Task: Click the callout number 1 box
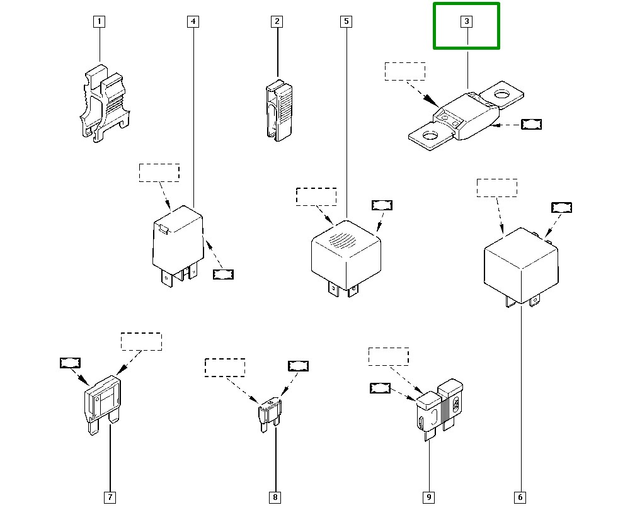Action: [x=99, y=21]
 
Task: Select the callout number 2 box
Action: [x=277, y=21]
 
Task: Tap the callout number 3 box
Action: [x=467, y=21]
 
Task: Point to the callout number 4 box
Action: [x=193, y=21]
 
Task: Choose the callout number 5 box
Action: [x=346, y=21]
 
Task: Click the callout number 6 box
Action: [x=520, y=497]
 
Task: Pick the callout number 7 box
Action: [x=110, y=497]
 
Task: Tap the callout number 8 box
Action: [x=275, y=497]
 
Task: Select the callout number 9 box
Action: [x=428, y=497]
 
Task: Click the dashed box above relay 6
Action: [x=497, y=188]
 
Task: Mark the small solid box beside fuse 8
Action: [x=298, y=366]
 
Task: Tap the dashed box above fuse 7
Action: [x=141, y=341]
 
